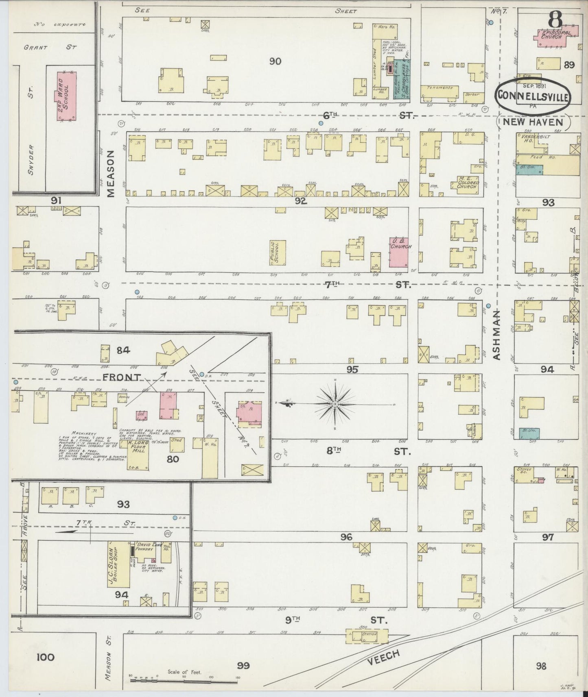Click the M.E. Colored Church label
tap(468, 184)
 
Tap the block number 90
tap(275, 61)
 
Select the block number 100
tap(46, 657)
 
